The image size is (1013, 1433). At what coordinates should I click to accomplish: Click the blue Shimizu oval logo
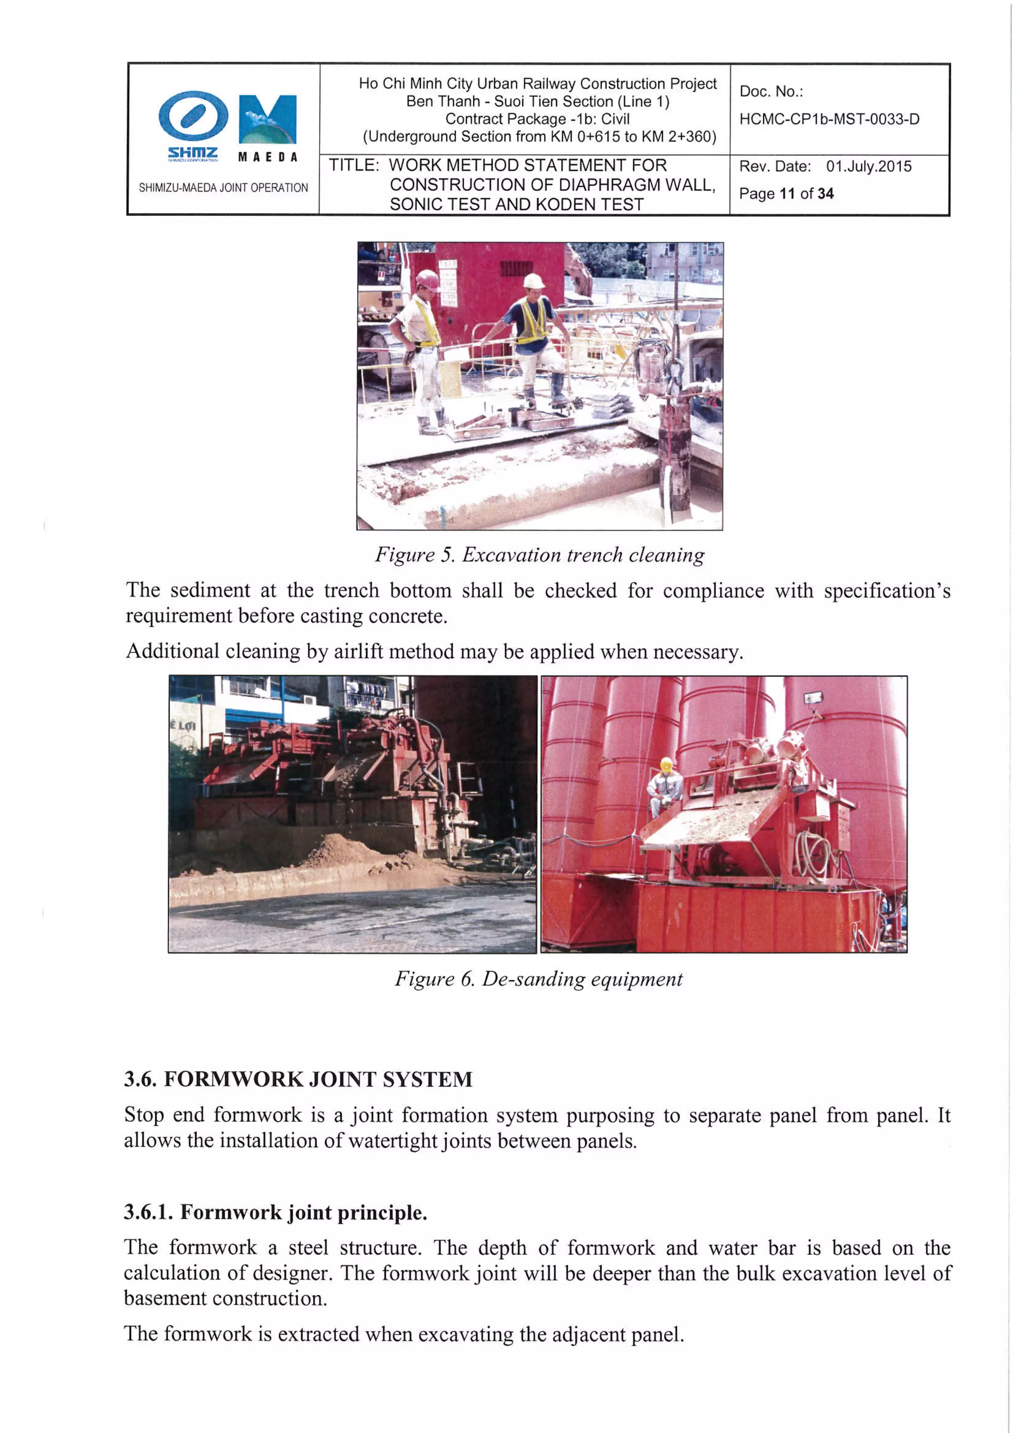(x=193, y=116)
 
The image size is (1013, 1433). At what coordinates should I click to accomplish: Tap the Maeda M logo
(x=268, y=119)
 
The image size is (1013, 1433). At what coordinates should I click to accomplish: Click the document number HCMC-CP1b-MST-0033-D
(x=829, y=119)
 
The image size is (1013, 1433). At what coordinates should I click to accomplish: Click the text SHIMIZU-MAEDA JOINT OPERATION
(x=223, y=188)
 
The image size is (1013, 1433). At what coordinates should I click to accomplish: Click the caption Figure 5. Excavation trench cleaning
(x=540, y=555)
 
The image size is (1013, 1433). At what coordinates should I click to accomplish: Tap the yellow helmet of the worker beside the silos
(x=666, y=763)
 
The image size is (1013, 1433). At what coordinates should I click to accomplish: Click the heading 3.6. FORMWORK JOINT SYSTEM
(x=298, y=1079)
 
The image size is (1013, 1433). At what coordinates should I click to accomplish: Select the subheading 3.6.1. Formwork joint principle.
(x=275, y=1212)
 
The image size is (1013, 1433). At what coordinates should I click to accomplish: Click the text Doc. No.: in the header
(x=771, y=92)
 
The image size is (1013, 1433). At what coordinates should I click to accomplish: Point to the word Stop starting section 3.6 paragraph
(x=143, y=1115)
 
